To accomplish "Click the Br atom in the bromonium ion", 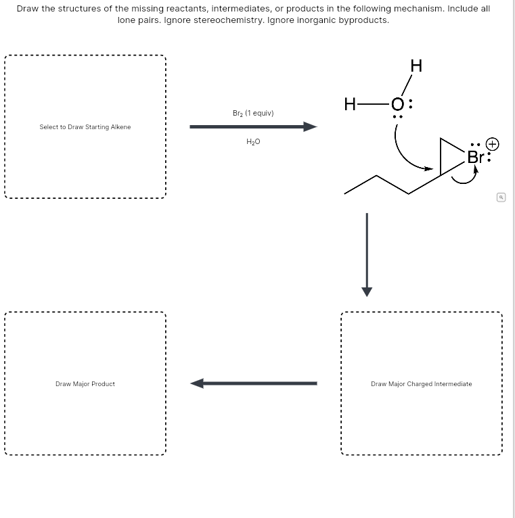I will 475,157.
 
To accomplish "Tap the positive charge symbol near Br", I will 493,144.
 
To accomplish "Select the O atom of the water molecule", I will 397,105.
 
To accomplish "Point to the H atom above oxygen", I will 416,66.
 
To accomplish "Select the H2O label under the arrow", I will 253,141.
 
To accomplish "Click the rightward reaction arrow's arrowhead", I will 311,126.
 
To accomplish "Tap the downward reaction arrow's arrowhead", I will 367,291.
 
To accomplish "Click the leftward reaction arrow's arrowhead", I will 197,383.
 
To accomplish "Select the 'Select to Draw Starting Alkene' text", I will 85,127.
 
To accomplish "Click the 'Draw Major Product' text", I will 85,384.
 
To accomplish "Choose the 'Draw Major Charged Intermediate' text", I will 422,384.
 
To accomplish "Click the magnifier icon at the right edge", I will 501,197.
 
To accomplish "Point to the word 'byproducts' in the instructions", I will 367,20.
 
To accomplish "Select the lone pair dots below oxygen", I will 397,117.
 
